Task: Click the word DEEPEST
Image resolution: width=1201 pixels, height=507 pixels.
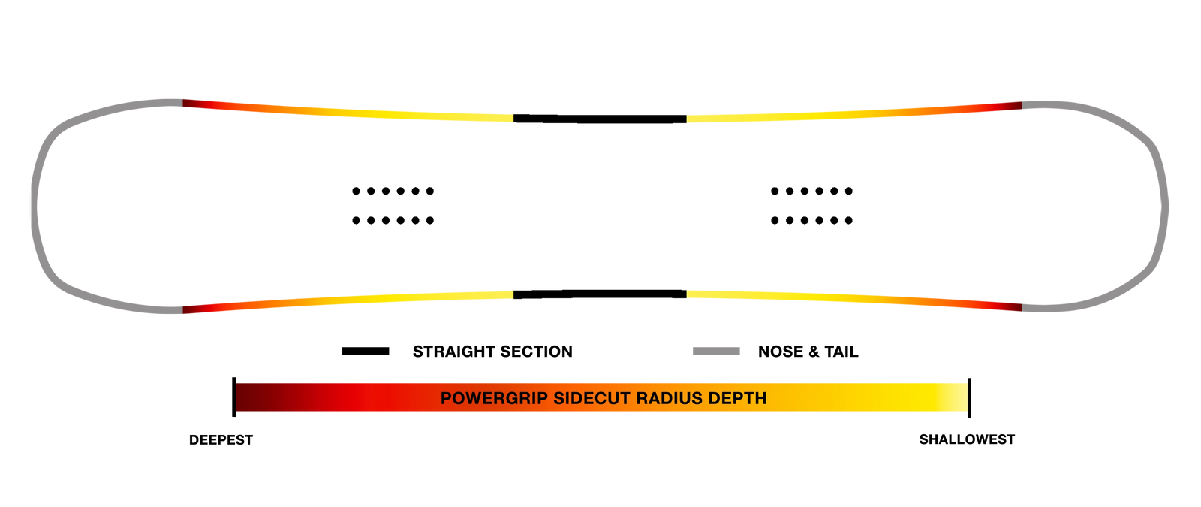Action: coord(221,440)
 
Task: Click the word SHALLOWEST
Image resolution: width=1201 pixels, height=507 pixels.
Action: coord(967,439)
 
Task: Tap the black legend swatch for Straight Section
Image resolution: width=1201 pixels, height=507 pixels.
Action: coord(366,352)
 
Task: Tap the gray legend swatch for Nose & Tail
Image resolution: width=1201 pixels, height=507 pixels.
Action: coord(716,352)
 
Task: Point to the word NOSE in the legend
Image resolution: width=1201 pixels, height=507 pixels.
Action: coord(780,352)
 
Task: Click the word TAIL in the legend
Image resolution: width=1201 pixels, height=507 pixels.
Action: coord(841,352)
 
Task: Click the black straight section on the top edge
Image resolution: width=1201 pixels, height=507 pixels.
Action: coord(600,119)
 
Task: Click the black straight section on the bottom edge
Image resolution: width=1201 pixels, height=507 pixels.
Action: coord(600,294)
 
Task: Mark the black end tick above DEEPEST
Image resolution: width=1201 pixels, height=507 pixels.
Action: coord(233,397)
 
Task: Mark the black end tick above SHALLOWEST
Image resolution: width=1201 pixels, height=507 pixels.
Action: coord(969,397)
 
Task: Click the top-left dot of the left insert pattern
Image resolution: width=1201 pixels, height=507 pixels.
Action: coord(356,191)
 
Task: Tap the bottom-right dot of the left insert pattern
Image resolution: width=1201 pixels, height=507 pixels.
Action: coord(430,221)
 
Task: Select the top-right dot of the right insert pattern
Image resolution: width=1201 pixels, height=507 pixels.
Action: coord(849,191)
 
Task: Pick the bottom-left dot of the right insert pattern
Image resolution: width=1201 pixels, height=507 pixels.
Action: coord(775,221)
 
